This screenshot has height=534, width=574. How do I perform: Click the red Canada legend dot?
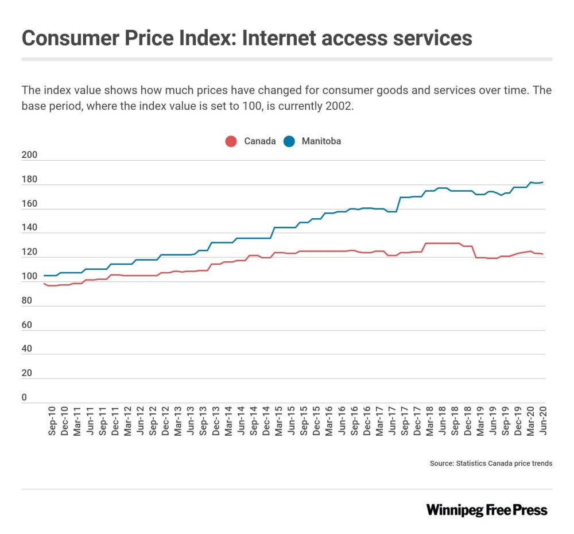click(231, 141)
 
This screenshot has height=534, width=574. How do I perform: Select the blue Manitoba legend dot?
click(289, 141)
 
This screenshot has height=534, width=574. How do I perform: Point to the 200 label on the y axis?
click(29, 155)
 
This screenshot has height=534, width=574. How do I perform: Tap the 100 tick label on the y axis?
click(29, 277)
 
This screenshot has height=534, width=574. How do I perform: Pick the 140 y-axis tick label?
click(29, 228)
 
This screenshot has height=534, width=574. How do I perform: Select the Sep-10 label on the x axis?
click(52, 423)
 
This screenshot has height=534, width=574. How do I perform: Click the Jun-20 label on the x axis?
click(543, 423)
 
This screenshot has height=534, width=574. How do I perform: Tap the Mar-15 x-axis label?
click(278, 423)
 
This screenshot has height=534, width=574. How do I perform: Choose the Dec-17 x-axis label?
click(417, 423)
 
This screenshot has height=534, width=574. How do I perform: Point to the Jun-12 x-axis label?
click(140, 423)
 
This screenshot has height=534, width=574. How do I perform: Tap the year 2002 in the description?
click(335, 107)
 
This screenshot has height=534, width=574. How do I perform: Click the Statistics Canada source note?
click(491, 463)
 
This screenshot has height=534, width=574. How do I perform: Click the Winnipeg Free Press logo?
click(486, 510)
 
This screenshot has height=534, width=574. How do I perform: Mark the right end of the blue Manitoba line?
click(543, 183)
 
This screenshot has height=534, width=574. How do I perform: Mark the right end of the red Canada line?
click(543, 254)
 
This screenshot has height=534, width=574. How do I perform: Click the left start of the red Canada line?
click(44, 284)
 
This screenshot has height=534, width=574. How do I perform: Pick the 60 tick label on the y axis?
click(26, 325)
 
